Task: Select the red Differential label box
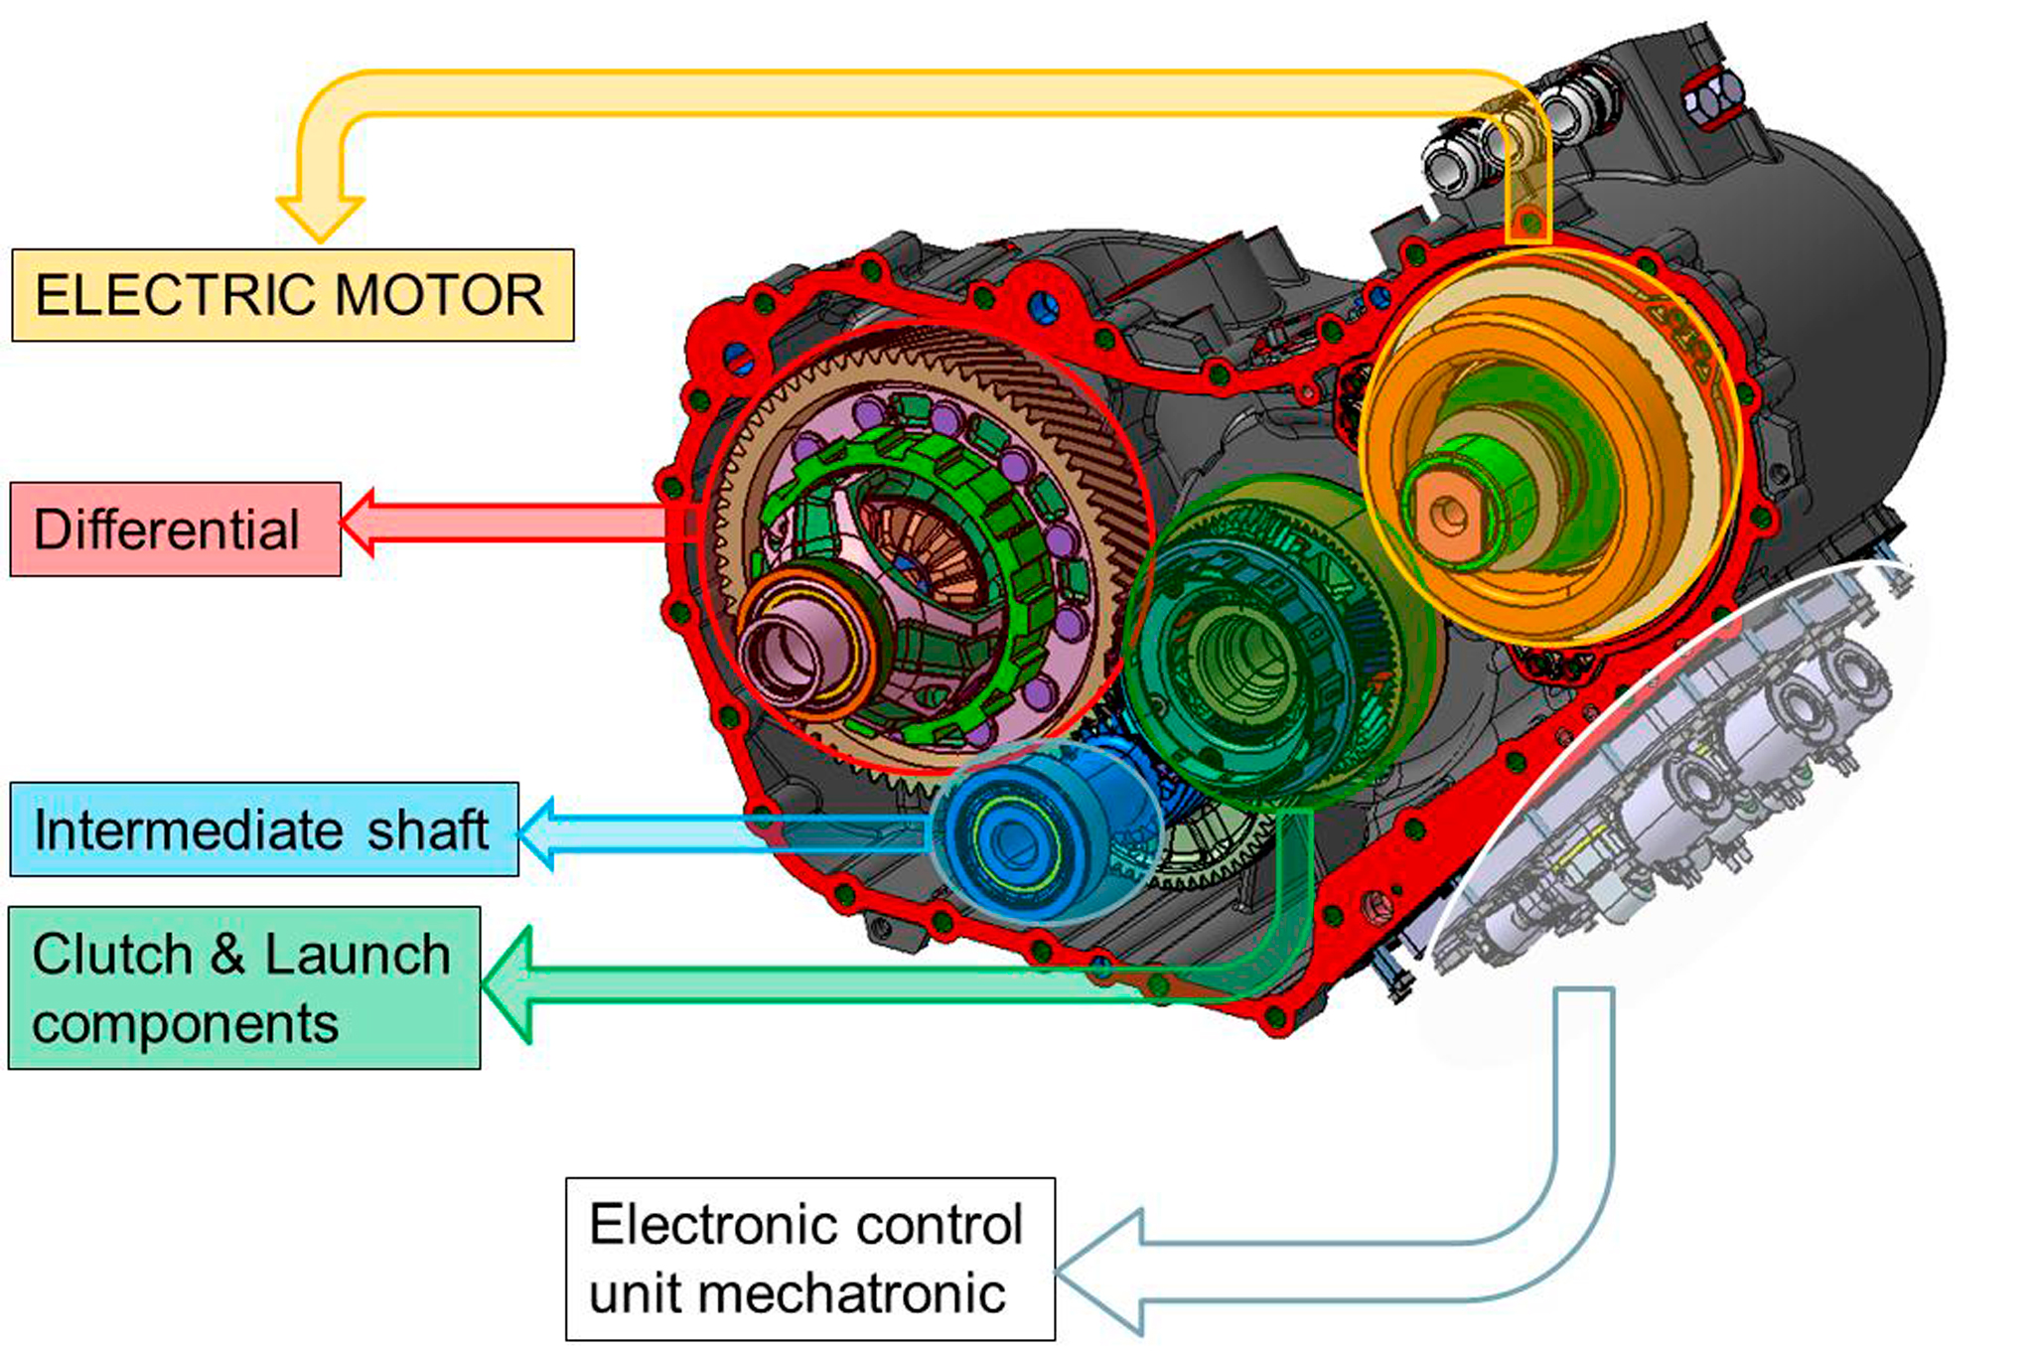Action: tap(175, 529)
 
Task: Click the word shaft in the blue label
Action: tap(428, 830)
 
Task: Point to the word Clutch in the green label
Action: tap(111, 955)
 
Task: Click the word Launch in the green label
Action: tap(357, 955)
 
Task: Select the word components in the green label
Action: tap(185, 1024)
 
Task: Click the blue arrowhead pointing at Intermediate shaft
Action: tap(537, 832)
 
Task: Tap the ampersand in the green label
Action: tap(227, 955)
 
